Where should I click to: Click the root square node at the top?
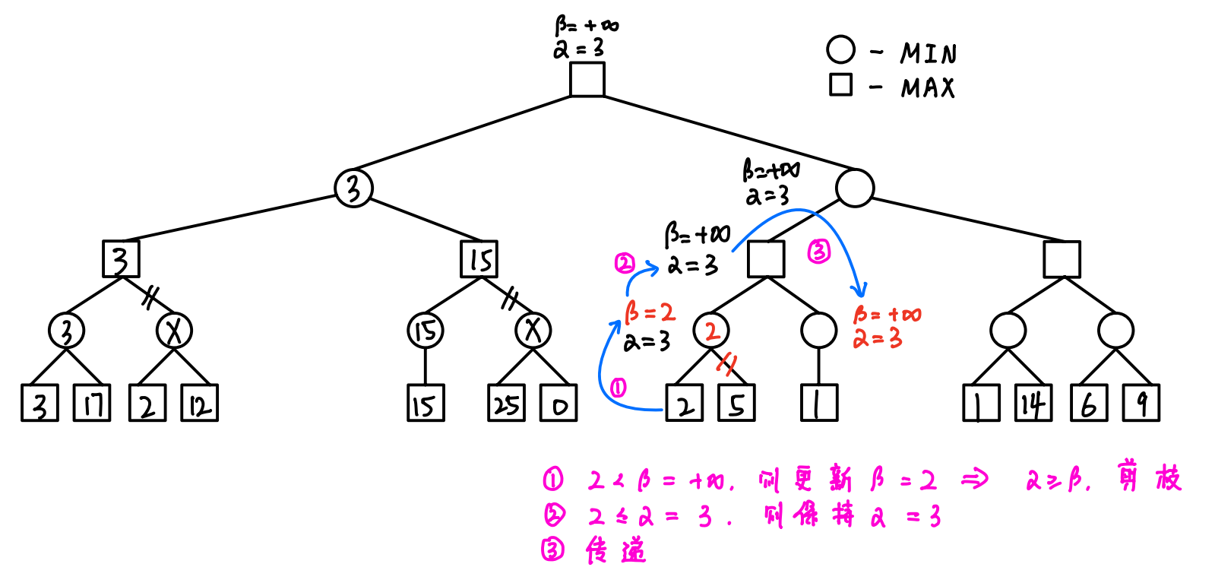[x=587, y=79]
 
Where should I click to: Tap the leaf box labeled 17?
[x=92, y=403]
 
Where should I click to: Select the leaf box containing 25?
[x=506, y=403]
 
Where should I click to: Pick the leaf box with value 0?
[x=558, y=403]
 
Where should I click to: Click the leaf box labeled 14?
[x=1033, y=403]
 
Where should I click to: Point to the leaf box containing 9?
[x=1141, y=403]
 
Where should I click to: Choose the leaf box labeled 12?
[x=199, y=403]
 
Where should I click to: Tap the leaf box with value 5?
[x=737, y=403]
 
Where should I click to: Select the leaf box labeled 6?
[x=1089, y=403]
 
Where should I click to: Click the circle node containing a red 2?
[x=711, y=331]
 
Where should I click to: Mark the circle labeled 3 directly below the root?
[x=353, y=188]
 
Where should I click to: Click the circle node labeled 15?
[x=426, y=331]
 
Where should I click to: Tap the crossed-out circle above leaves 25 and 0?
[x=533, y=331]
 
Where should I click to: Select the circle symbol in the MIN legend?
[x=840, y=50]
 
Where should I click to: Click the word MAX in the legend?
[x=928, y=87]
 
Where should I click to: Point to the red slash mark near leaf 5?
[x=727, y=364]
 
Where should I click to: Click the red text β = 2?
[x=650, y=312]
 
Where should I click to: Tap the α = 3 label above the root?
[x=578, y=49]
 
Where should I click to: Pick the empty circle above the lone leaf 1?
[x=819, y=331]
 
